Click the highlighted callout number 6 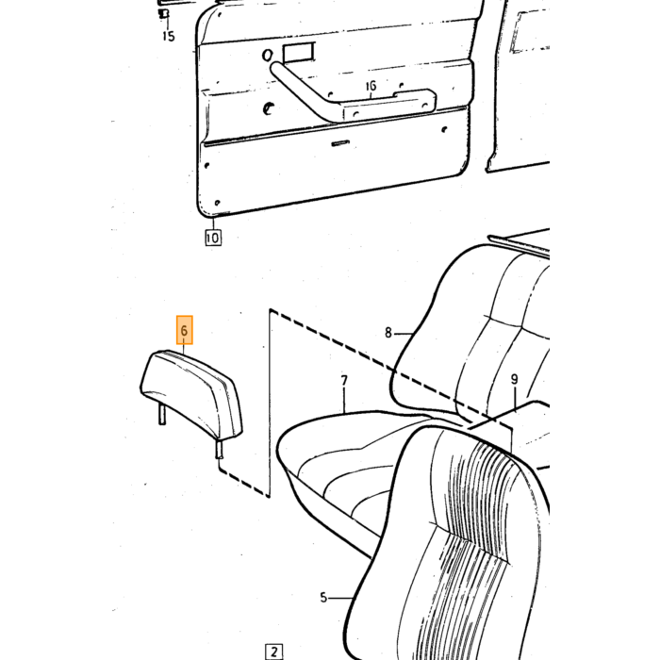[x=184, y=330]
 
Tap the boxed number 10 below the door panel [x=213, y=238]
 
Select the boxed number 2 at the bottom [x=274, y=652]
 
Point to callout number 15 [x=169, y=36]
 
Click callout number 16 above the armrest [x=371, y=87]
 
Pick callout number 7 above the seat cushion [x=344, y=381]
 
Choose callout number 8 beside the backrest [x=388, y=333]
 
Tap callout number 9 [x=515, y=379]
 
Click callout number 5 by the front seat [x=323, y=597]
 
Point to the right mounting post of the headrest [x=220, y=449]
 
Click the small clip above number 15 [x=164, y=14]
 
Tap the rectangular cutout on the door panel [x=299, y=53]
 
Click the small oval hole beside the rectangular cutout [x=267, y=55]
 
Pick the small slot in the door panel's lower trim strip [x=340, y=143]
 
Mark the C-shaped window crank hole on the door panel [x=268, y=108]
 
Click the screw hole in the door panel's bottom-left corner [x=217, y=203]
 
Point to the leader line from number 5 [x=340, y=598]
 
